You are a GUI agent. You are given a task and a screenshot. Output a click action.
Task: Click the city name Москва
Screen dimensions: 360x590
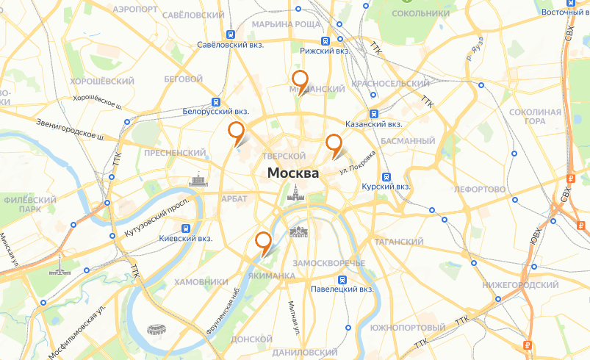tap(293, 174)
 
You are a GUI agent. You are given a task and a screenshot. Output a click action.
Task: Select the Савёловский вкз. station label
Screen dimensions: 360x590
tap(230, 45)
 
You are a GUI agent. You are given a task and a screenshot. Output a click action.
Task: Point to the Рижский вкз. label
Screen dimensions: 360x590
tap(324, 51)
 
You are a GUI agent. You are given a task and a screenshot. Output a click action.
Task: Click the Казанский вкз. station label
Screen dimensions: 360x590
tap(373, 125)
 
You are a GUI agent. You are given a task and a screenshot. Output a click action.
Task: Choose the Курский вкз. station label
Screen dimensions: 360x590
tap(386, 187)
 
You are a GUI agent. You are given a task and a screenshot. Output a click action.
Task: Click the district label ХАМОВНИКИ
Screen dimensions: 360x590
tap(202, 282)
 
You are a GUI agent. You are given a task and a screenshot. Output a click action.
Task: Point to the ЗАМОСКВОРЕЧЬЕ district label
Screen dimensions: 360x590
tap(328, 263)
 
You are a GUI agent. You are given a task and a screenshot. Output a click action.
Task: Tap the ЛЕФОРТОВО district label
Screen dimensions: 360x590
tap(480, 190)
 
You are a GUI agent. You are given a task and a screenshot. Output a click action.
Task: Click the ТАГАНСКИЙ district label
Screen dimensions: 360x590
tap(399, 242)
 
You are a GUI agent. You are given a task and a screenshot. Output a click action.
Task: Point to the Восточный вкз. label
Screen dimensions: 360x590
tap(566, 12)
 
